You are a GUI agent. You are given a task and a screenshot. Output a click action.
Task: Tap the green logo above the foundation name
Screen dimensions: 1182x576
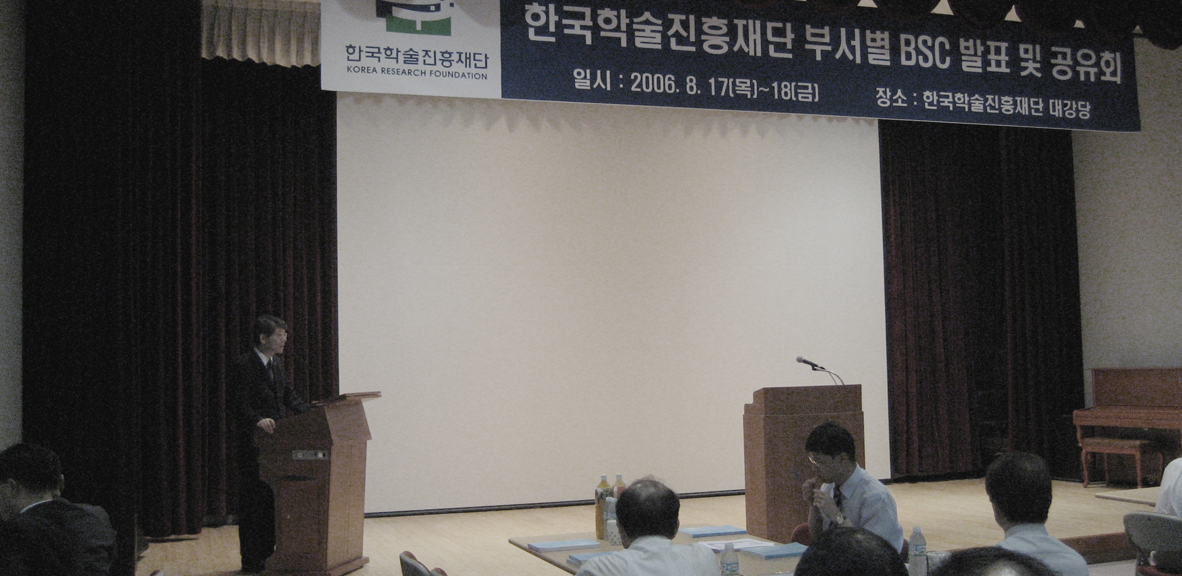[x=417, y=17]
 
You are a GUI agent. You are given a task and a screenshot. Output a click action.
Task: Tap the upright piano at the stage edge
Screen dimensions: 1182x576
[x=1128, y=418]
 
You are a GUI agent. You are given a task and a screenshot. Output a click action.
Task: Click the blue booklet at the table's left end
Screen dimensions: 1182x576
[x=563, y=545]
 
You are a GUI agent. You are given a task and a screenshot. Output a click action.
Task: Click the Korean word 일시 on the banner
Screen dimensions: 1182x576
[x=588, y=80]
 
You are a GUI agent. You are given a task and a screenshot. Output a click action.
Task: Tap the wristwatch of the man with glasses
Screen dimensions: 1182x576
[x=838, y=519]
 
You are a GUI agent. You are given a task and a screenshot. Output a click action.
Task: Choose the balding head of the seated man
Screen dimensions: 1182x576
[x=647, y=510]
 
